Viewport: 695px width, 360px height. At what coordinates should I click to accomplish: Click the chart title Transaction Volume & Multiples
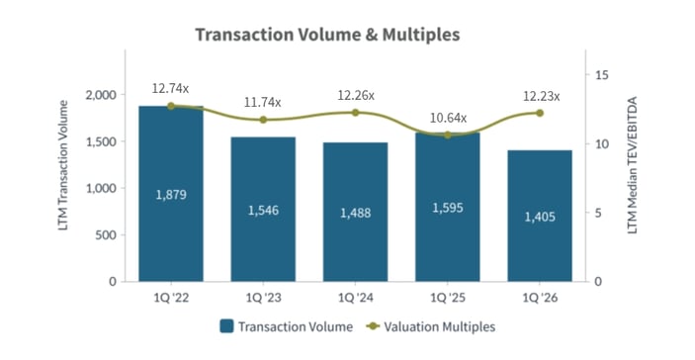click(327, 36)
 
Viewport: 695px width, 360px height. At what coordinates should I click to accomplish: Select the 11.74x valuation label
click(263, 102)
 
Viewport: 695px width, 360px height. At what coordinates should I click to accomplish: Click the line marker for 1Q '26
click(540, 113)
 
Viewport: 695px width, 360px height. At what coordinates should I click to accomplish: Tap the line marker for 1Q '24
click(355, 112)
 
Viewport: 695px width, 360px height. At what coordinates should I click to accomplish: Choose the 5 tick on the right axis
click(599, 213)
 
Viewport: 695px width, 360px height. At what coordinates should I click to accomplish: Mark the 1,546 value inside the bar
click(263, 210)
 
